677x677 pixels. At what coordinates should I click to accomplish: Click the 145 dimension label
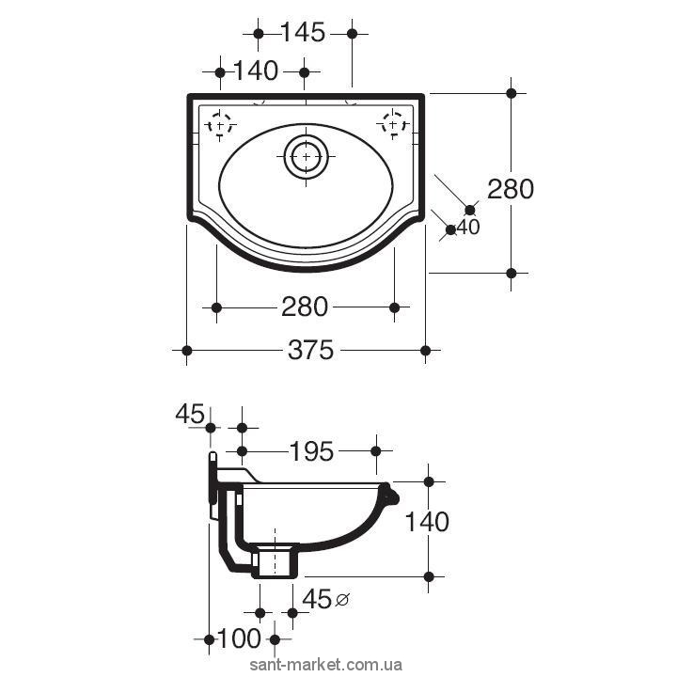click(303, 32)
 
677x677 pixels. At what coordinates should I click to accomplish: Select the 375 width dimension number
click(310, 350)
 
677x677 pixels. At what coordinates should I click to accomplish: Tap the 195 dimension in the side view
click(311, 451)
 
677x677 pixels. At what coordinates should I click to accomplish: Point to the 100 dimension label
click(239, 638)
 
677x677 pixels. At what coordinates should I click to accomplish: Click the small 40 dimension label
click(468, 228)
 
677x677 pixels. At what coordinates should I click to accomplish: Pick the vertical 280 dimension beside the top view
click(511, 189)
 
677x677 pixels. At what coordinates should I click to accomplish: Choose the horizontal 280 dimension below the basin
click(305, 307)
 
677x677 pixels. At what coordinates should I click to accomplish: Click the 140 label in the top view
click(256, 71)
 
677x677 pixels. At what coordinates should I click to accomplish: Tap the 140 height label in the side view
click(427, 522)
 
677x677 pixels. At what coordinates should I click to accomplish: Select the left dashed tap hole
click(220, 125)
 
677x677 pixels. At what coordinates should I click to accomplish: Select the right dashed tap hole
click(393, 125)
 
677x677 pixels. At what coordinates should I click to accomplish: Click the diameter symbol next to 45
click(342, 599)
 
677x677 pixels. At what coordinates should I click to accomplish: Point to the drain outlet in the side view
click(275, 561)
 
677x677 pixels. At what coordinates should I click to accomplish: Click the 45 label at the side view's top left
click(190, 414)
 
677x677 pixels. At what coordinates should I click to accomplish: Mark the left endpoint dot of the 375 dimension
click(186, 350)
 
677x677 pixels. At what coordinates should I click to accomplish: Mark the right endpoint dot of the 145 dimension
click(352, 33)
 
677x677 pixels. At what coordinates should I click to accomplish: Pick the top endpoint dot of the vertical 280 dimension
click(512, 93)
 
